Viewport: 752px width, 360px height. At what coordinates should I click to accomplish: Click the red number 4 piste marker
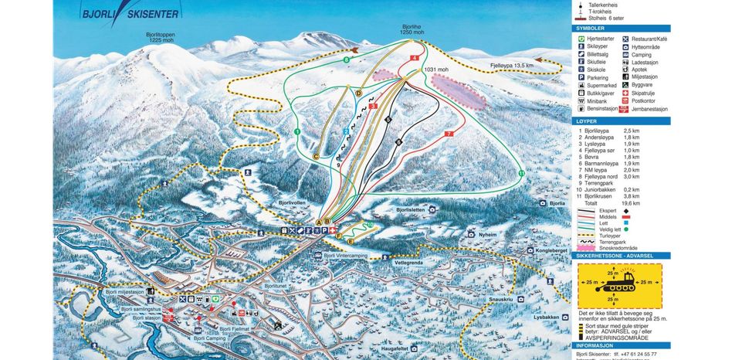tap(415, 58)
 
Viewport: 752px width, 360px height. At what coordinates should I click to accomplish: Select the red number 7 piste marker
tap(448, 134)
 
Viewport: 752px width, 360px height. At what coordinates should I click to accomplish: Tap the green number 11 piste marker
tap(522, 174)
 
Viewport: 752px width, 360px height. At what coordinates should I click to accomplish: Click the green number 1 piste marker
tap(297, 133)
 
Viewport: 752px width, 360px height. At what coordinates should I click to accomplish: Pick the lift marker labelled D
tap(359, 93)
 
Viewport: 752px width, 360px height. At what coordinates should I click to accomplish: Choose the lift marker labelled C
tap(315, 156)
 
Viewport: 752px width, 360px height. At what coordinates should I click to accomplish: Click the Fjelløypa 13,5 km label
tap(512, 66)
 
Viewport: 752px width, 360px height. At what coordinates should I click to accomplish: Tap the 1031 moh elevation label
tap(436, 70)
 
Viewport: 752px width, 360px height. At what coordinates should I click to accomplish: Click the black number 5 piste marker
tap(388, 120)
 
